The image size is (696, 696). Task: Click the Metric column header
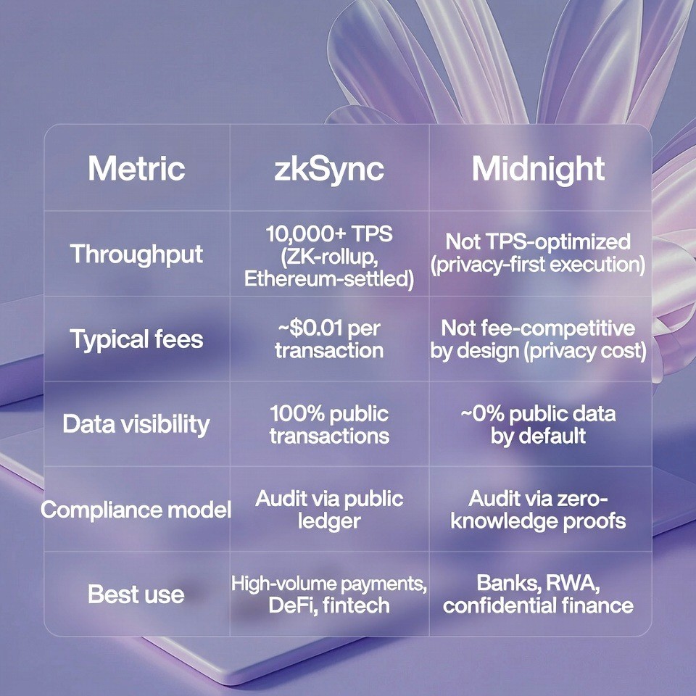click(136, 168)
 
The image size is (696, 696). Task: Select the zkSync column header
click(329, 168)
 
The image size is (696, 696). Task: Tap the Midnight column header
click(538, 168)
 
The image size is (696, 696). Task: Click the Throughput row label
click(136, 254)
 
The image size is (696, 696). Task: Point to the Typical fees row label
click(136, 339)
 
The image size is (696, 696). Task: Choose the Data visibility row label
click(136, 423)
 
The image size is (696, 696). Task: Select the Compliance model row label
click(136, 509)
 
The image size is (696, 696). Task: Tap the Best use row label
click(136, 594)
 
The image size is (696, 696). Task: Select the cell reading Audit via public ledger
click(329, 509)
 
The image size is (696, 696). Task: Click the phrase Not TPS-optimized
click(538, 241)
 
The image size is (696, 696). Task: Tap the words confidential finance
click(538, 605)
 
